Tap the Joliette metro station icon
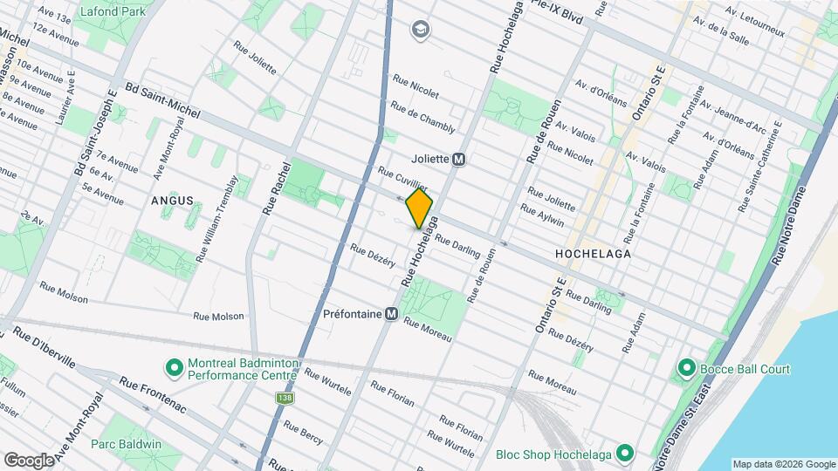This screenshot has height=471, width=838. coord(459,160)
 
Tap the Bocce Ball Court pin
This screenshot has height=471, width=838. coord(685,369)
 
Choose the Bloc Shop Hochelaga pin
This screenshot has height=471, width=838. coord(624,454)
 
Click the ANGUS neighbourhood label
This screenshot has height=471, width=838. coord(171,201)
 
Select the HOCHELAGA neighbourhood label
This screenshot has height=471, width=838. coord(592,253)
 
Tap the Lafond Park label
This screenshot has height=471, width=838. coord(112,12)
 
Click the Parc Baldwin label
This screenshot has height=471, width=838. coord(127,444)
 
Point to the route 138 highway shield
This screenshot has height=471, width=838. coord(285,398)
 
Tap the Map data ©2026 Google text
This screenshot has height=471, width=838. coord(783,464)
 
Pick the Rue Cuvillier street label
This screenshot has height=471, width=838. coord(402,180)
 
